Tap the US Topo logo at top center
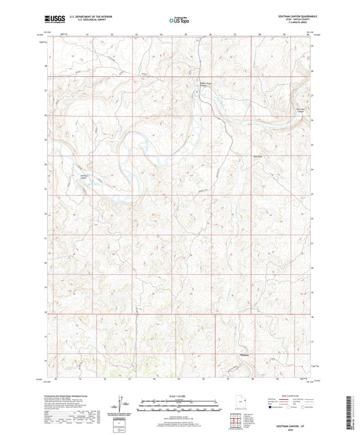179,20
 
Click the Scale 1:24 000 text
179,395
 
